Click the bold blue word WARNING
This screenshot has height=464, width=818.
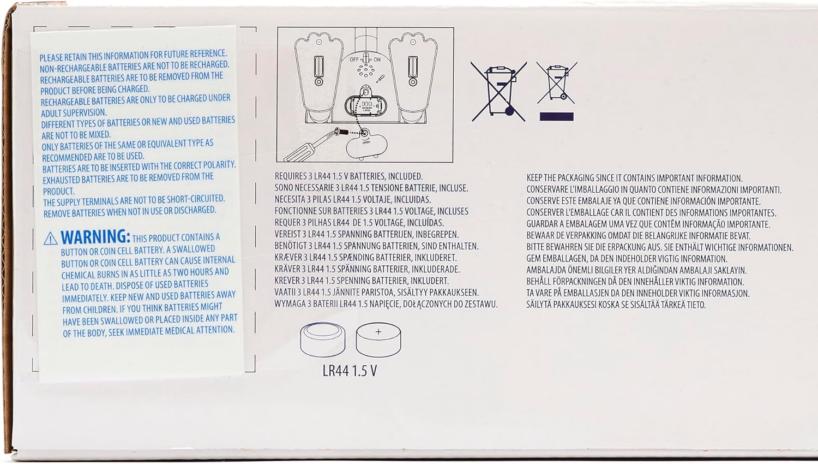point(95,237)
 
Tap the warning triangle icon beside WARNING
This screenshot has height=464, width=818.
point(50,239)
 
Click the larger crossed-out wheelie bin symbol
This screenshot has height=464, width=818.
point(498,91)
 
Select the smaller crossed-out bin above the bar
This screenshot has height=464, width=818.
point(557,82)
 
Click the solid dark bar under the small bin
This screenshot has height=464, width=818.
point(557,117)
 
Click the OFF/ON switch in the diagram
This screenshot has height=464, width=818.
point(365,60)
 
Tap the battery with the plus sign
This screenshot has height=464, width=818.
point(378,340)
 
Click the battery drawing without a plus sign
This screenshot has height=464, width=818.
point(322,340)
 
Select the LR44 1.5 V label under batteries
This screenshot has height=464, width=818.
point(350,371)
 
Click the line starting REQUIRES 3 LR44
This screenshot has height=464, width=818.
point(348,176)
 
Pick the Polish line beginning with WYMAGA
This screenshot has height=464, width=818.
point(386,304)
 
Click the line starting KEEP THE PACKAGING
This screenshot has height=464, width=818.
point(634,178)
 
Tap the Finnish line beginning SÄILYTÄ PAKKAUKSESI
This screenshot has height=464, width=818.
point(616,305)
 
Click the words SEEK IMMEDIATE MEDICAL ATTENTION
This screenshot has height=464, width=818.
point(171,331)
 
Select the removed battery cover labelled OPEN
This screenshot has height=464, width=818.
point(366,144)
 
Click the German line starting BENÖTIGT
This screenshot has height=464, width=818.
point(376,246)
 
